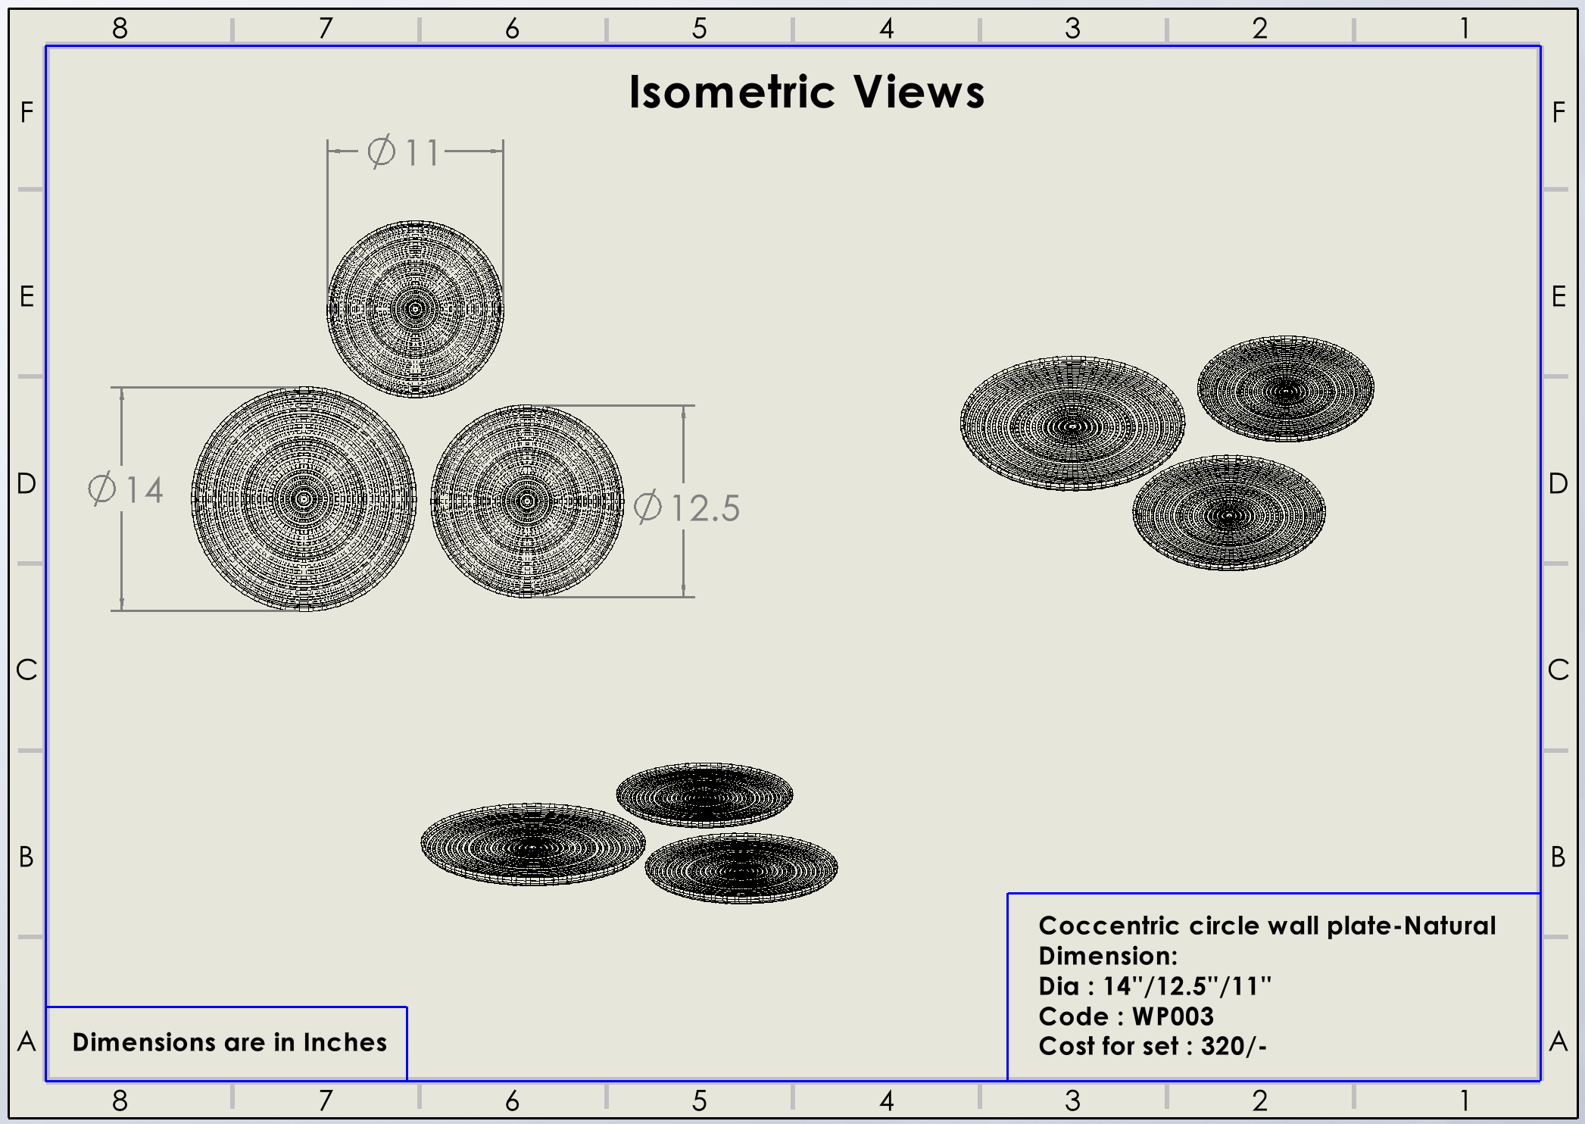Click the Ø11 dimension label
[403, 151]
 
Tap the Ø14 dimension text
[126, 489]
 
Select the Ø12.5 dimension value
[686, 507]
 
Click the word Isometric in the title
[732, 92]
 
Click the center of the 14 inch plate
[304, 499]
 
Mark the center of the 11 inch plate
[415, 309]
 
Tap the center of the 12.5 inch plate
[528, 501]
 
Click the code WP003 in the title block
[1173, 1016]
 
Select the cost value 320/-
[1234, 1046]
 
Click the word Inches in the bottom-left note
[345, 1042]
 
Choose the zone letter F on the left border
[27, 113]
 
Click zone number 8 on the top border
[120, 29]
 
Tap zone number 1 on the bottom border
[1465, 1101]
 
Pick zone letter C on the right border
[1558, 670]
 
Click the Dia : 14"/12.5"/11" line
[1155, 986]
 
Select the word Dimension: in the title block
[1108, 956]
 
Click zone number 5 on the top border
[700, 29]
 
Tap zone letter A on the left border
[27, 1042]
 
